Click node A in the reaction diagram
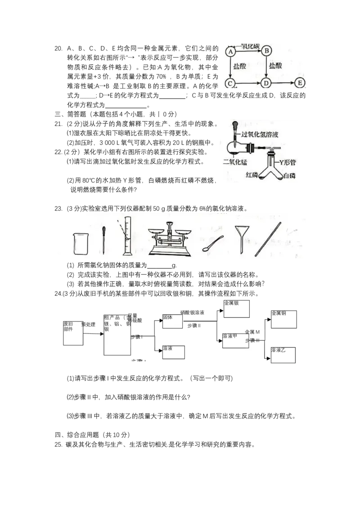(230, 52)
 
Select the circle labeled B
(266, 51)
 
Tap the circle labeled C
(230, 83)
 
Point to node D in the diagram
(266, 83)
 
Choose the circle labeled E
(300, 83)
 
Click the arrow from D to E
(283, 83)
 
